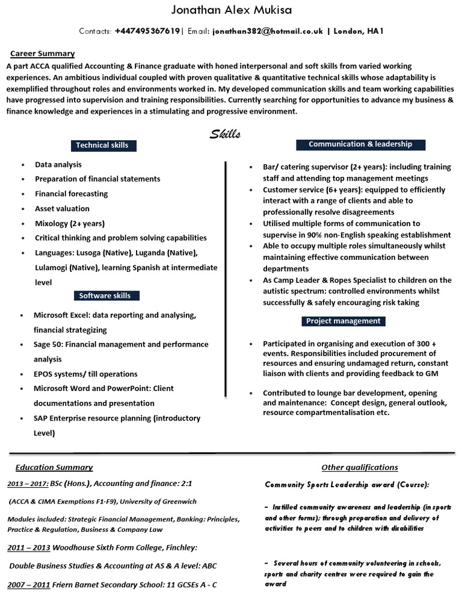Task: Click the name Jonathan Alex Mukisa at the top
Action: coord(232,11)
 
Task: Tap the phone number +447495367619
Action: coord(147,31)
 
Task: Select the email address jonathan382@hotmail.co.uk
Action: coord(266,31)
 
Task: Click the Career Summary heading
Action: coord(42,54)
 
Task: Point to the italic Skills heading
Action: coord(225,134)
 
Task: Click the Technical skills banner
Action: coord(102,145)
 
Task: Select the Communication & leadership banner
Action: coord(360,144)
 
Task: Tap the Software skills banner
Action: coord(105,295)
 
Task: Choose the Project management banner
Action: coord(343,321)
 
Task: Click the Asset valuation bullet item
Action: coord(62,209)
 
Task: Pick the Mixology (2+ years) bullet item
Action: coord(69,223)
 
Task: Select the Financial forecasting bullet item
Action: coord(71,194)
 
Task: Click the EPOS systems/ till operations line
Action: coord(85,374)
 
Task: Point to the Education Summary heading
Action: coord(54,467)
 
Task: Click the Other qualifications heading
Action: coord(360,467)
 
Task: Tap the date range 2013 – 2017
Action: coord(27,484)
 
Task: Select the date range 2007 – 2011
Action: coord(28,585)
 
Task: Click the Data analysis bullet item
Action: coord(58,164)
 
